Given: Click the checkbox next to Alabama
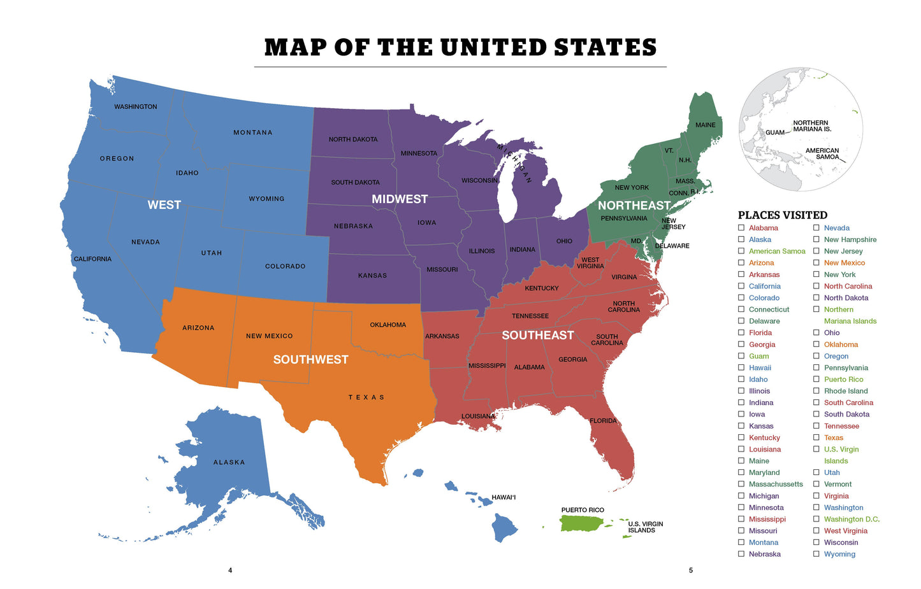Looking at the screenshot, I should (x=741, y=228).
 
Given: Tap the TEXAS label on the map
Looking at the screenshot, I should (x=366, y=397).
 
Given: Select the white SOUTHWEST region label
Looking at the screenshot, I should (x=310, y=360).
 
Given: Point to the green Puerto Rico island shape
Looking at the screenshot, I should (x=579, y=523).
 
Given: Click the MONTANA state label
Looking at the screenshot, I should (x=252, y=132).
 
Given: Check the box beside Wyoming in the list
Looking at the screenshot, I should (x=816, y=554).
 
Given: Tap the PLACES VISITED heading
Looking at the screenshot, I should (x=782, y=215).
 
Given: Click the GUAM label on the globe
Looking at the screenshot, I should (x=774, y=132).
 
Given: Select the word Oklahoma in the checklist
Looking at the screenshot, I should (x=841, y=344).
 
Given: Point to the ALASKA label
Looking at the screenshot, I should (x=229, y=462).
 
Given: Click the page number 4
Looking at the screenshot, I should (x=230, y=571).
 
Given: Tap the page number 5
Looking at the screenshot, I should (x=690, y=571).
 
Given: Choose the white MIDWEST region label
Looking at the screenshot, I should (x=400, y=199).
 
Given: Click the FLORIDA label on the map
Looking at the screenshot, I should (x=603, y=421).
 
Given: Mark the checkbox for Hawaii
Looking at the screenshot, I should (x=741, y=367).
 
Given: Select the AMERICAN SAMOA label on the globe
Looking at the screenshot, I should (x=822, y=154).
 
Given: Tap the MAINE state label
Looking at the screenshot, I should (x=705, y=125).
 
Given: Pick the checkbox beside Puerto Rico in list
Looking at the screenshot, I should (x=816, y=379).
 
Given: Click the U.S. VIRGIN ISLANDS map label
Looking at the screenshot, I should (x=645, y=527).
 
